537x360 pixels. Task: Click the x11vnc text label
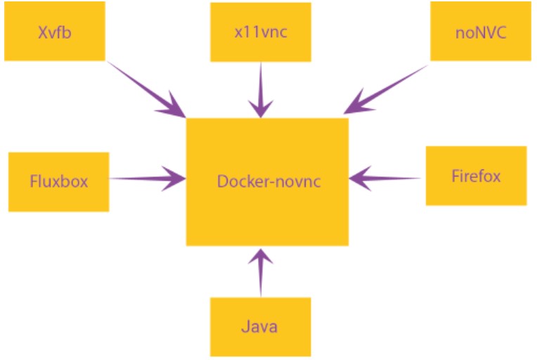[x=259, y=32]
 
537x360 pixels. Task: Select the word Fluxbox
[x=59, y=181]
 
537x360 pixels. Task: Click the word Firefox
[x=476, y=176]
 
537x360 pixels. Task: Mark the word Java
[x=259, y=327]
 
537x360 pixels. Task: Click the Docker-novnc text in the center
[x=268, y=181]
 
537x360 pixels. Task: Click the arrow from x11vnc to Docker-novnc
[x=261, y=88]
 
